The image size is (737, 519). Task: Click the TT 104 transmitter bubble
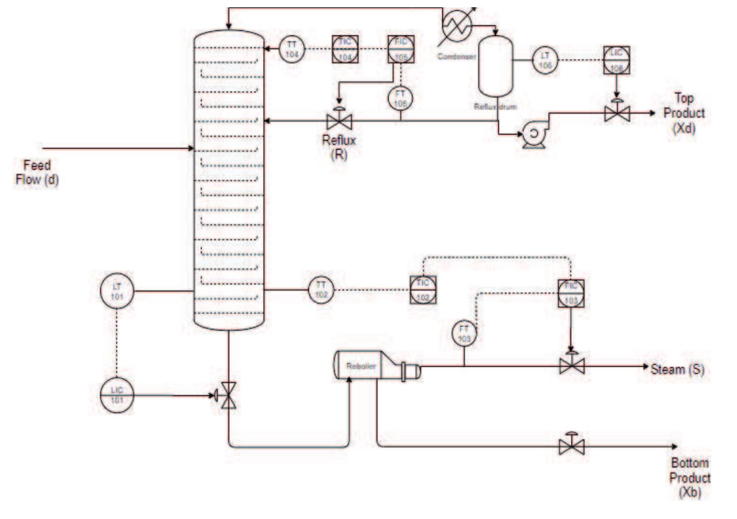point(291,49)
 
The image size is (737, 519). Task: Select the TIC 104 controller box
point(345,49)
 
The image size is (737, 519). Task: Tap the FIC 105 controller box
point(401,49)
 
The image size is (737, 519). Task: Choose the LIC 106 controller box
point(617,60)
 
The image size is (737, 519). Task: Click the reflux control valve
point(339,121)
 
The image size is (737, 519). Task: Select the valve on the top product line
point(617,113)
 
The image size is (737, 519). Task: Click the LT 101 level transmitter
point(117,291)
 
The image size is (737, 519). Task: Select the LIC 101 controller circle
point(117,395)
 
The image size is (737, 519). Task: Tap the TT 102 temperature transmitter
point(321,289)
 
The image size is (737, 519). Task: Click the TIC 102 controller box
point(423,289)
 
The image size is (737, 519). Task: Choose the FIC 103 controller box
point(571,293)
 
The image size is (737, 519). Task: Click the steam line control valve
point(572,365)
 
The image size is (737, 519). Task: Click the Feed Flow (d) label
point(37,172)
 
